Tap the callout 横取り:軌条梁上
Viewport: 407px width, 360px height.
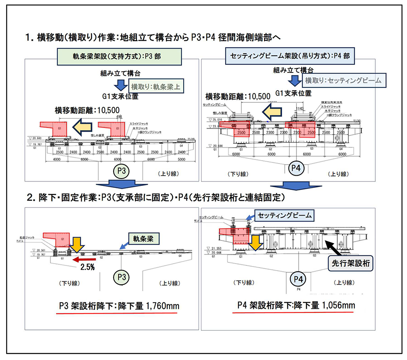click(151, 87)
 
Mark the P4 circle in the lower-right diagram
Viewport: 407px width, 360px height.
click(298, 279)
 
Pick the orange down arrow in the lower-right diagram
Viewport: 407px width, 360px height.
click(254, 242)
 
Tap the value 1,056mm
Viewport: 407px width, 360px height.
click(339, 305)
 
